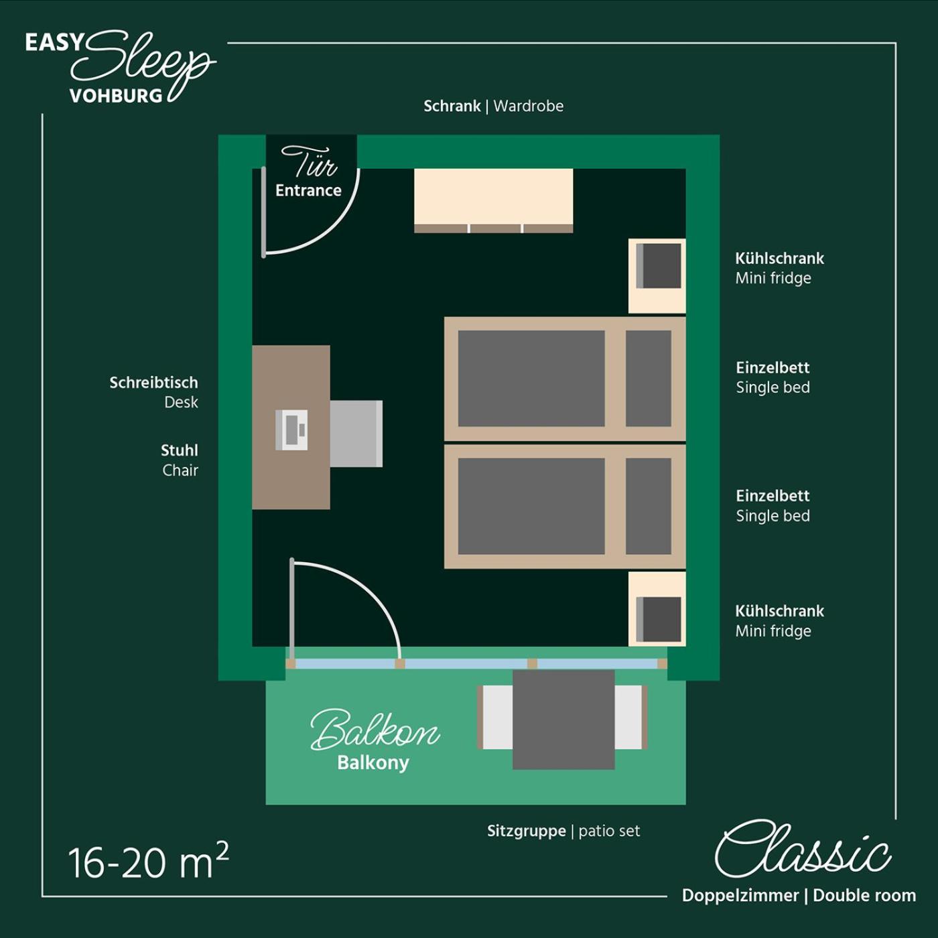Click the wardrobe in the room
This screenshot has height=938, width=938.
[493, 200]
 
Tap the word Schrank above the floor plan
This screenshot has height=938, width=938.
[452, 106]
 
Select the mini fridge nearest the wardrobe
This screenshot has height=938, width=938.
[657, 275]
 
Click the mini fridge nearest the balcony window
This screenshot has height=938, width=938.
[657, 609]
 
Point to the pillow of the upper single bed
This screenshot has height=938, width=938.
[649, 379]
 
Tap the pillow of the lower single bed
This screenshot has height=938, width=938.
[649, 507]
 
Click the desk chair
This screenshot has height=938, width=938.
[356, 433]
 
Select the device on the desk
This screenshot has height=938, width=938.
[291, 430]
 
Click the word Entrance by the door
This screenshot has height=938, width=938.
[309, 190]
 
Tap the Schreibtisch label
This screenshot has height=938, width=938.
[154, 383]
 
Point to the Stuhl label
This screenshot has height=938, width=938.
[180, 450]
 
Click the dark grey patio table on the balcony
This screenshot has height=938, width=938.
[563, 720]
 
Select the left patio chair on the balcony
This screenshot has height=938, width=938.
[495, 717]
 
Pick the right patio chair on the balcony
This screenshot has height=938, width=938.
[631, 717]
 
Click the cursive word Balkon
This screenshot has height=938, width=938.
[375, 731]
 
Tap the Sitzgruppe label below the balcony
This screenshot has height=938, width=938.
[526, 831]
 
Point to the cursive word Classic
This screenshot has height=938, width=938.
[803, 850]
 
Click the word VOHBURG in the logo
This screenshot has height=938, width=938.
[116, 96]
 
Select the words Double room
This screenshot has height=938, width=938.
[864, 896]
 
